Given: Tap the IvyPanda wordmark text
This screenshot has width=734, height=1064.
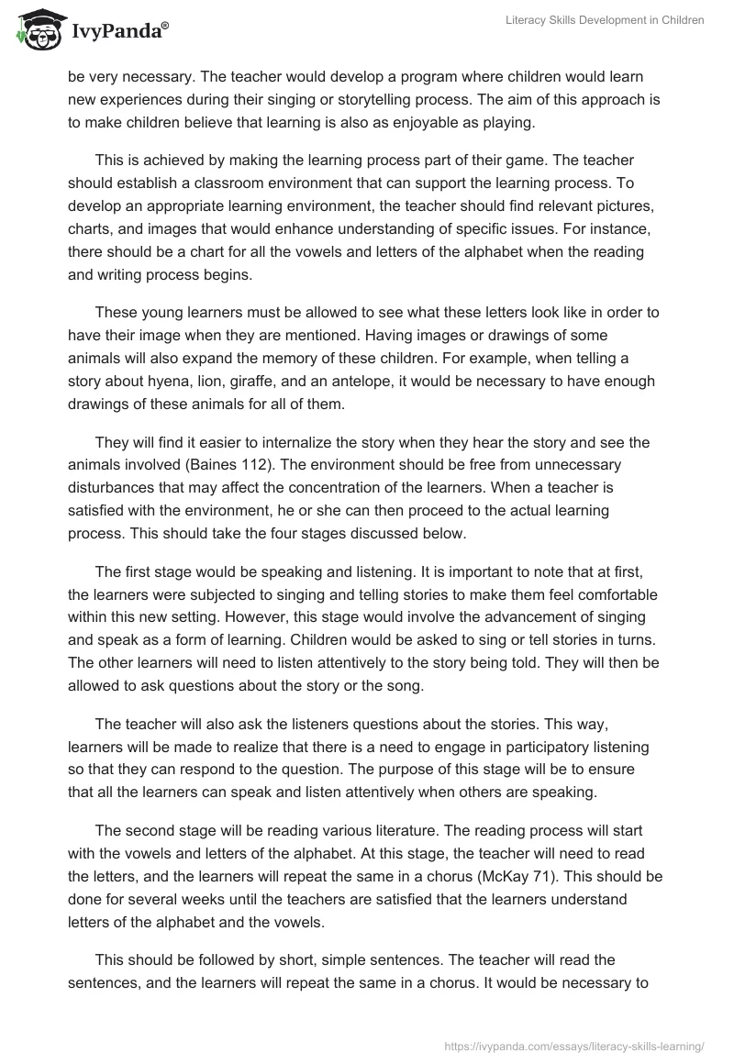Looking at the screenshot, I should pos(119,31).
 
